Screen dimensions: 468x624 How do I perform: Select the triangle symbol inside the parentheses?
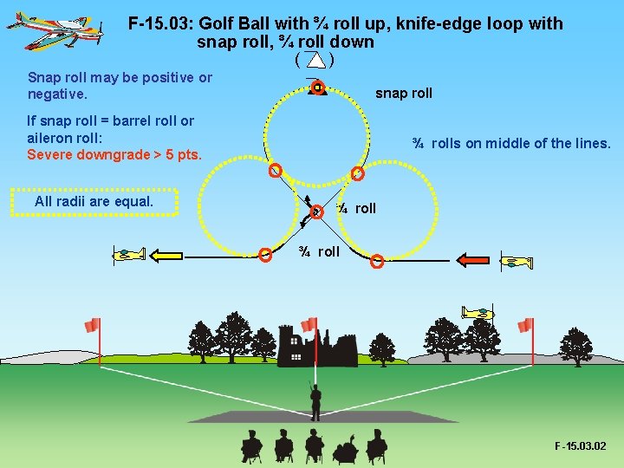pos(316,60)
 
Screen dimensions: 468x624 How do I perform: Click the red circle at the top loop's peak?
pos(318,88)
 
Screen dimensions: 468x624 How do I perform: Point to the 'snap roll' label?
pos(403,94)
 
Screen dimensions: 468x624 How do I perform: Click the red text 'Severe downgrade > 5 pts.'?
pos(114,155)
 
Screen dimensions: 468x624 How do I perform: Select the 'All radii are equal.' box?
pos(94,202)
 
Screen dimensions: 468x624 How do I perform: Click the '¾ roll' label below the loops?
pos(319,252)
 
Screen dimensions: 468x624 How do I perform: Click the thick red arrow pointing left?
pos(473,259)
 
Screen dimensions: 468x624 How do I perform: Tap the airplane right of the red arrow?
pos(517,262)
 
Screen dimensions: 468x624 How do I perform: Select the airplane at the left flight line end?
pos(128,255)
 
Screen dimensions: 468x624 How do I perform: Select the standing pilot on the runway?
pos(315,400)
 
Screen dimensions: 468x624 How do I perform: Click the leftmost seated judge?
pos(251,445)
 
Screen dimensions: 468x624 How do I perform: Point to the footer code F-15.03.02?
pos(581,446)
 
